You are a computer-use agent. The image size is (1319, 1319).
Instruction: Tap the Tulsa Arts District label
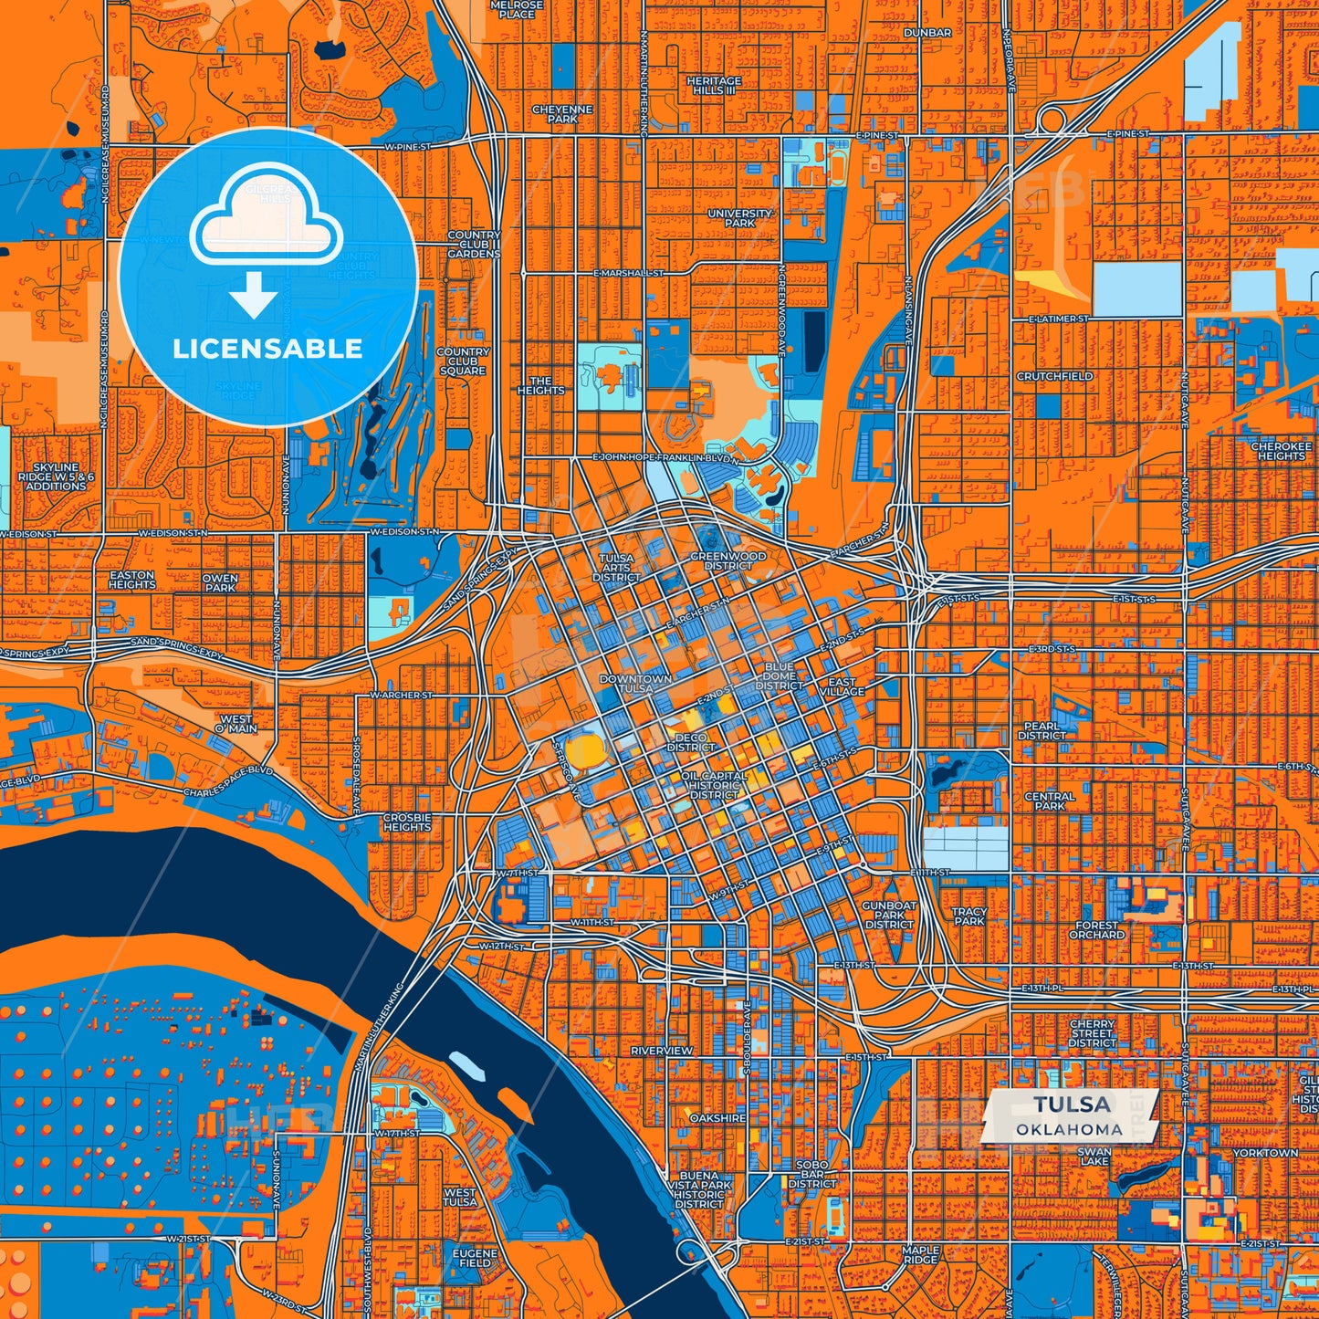[616, 567]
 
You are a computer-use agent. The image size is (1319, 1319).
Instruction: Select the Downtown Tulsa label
[635, 684]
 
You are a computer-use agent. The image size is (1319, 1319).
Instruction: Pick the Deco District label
[691, 742]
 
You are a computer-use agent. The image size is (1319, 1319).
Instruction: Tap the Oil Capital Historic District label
[715, 785]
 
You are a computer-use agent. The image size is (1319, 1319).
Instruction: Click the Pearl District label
[1042, 730]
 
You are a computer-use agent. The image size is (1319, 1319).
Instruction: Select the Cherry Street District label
[1092, 1033]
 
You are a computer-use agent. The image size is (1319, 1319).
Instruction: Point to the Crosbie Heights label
[407, 822]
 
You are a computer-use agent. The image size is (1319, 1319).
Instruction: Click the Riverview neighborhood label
[662, 1051]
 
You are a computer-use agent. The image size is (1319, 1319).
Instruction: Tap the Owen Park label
[219, 582]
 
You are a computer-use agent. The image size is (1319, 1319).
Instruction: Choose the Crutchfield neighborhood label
[1054, 376]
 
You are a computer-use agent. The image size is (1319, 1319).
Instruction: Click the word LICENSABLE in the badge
[267, 348]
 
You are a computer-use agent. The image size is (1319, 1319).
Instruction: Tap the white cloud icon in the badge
[266, 224]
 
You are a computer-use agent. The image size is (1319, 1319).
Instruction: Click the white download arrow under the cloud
[254, 298]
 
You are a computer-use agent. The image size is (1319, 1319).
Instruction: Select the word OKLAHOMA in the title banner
[1069, 1129]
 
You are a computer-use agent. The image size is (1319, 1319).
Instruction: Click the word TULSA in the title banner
[1073, 1105]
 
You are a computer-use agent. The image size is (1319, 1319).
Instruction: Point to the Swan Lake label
[1094, 1157]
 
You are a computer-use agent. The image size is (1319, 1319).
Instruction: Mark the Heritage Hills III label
[714, 86]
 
